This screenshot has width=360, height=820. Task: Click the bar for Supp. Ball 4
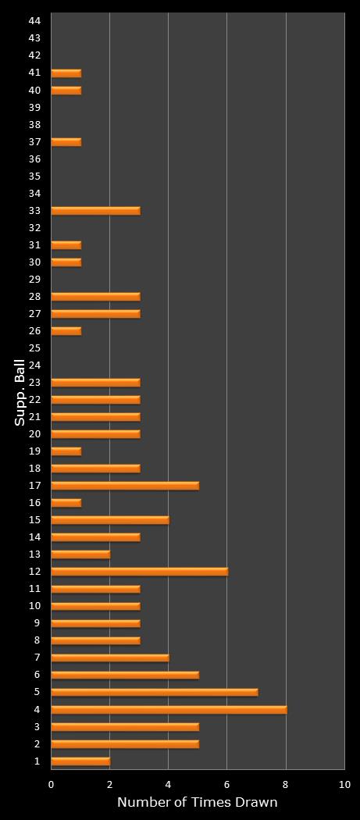pyautogui.click(x=169, y=709)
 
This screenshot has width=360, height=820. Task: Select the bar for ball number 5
pyautogui.click(x=154, y=692)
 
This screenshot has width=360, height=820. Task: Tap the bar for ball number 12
pyautogui.click(x=139, y=571)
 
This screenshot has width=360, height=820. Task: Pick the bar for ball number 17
pyautogui.click(x=125, y=485)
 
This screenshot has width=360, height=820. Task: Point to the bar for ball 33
pyautogui.click(x=95, y=210)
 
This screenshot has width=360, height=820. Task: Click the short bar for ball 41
pyautogui.click(x=66, y=73)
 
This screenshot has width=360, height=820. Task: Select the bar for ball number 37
pyautogui.click(x=66, y=141)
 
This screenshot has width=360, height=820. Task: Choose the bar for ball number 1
pyautogui.click(x=80, y=761)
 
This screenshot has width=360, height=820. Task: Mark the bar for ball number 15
pyautogui.click(x=110, y=519)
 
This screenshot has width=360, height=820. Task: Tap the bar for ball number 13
pyautogui.click(x=80, y=554)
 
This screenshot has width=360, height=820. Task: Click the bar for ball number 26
pyautogui.click(x=66, y=330)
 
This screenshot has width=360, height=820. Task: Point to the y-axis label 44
pyautogui.click(x=34, y=20)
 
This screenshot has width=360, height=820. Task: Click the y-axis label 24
pyautogui.click(x=34, y=365)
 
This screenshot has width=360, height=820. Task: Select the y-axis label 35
pyautogui.click(x=34, y=176)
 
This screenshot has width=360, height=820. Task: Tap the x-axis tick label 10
pyautogui.click(x=344, y=783)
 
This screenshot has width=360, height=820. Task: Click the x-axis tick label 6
pyautogui.click(x=226, y=783)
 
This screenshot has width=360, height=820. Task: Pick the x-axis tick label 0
pyautogui.click(x=52, y=783)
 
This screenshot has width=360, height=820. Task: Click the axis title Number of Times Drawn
pyautogui.click(x=197, y=802)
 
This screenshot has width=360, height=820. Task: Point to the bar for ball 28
pyautogui.click(x=95, y=296)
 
